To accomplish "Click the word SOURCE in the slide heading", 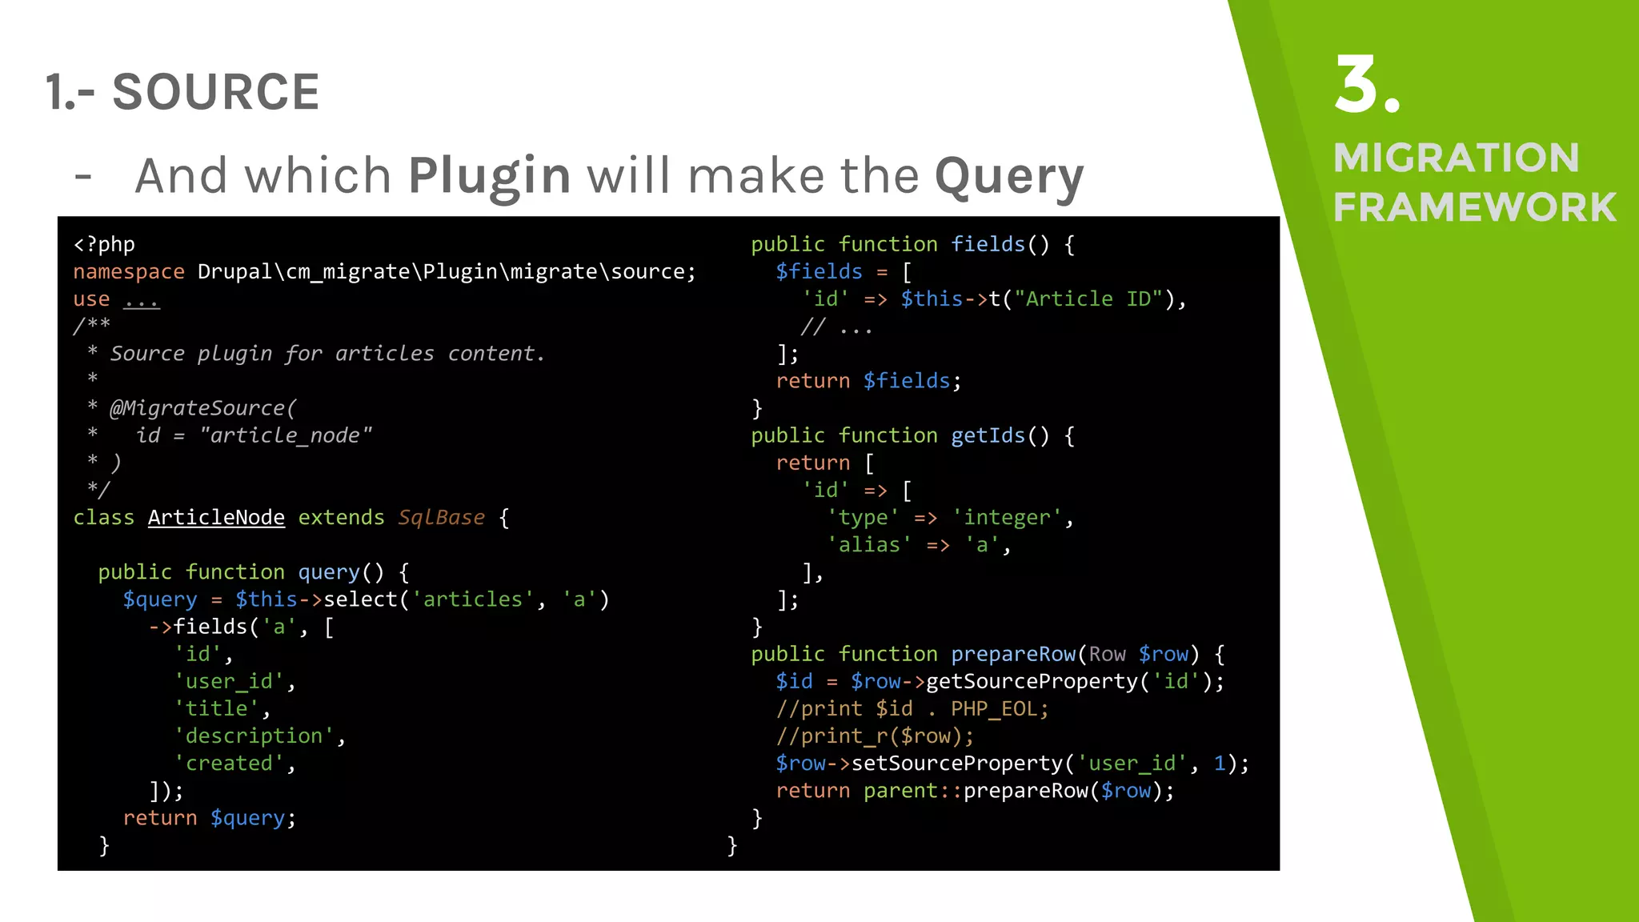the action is [215, 92].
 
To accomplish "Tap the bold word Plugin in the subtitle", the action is [489, 176].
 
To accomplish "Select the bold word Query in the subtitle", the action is [1009, 176].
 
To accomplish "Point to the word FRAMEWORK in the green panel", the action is [1474, 207].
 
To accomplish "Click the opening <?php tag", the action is [104, 244].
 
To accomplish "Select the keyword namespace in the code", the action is [129, 272].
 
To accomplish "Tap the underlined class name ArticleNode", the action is [216, 518].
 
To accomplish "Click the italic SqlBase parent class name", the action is [441, 518].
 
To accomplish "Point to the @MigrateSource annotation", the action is [202, 408].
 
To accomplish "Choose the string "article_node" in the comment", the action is [286, 435].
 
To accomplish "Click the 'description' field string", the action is [254, 736].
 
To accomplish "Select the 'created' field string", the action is [229, 764].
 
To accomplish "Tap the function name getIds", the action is [988, 435].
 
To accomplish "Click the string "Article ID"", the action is [1088, 299].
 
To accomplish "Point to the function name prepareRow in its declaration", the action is [1013, 655].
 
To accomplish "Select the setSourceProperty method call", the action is [957, 764].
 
